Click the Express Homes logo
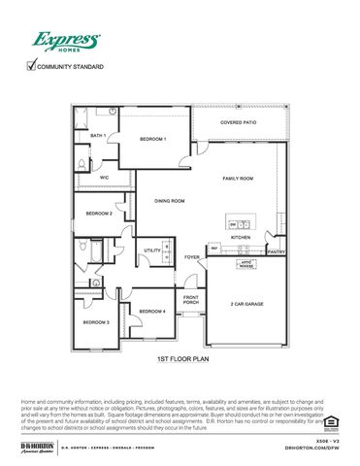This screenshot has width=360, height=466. (65, 41)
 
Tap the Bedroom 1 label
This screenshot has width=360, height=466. (152, 139)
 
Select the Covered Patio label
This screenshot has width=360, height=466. (238, 123)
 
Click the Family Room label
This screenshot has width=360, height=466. (238, 179)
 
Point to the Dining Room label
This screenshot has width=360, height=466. (170, 201)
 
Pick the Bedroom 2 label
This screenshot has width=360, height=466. (98, 213)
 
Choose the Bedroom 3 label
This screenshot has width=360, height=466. (95, 321)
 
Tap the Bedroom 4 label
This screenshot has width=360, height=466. (151, 311)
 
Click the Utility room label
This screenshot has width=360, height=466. (152, 250)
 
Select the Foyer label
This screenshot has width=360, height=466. (192, 257)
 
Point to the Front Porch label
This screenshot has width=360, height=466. (191, 300)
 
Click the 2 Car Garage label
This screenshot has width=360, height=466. (246, 304)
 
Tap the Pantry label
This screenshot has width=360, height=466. (277, 251)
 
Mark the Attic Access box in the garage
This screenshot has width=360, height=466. (246, 264)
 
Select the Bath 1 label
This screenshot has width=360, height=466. (97, 136)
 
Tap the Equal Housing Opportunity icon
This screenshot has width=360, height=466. (330, 420)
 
